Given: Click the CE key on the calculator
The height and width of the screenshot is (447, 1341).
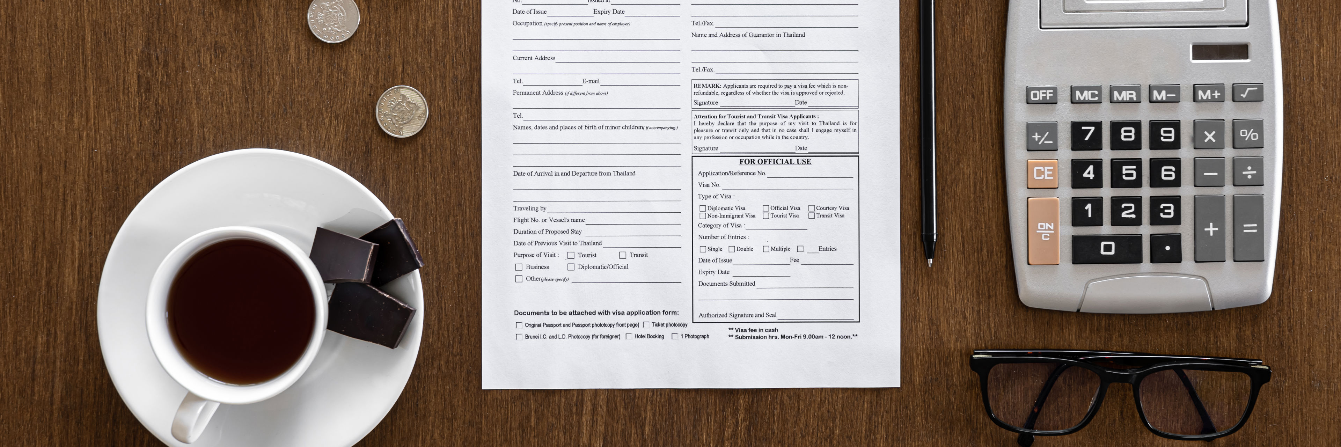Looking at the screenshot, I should click(1043, 173).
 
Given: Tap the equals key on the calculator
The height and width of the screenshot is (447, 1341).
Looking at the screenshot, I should click(1249, 228).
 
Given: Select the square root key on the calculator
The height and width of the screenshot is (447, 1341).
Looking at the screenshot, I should click(1248, 93).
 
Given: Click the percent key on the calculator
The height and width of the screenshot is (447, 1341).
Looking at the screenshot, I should click(1248, 135).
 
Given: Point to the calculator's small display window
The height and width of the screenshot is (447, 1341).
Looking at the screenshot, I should click(1220, 52).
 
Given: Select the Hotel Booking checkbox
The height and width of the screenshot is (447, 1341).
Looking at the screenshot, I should click(629, 337).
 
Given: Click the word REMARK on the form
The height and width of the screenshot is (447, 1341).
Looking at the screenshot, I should click(707, 86).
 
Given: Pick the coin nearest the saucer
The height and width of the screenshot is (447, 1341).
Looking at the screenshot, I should click(402, 111).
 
